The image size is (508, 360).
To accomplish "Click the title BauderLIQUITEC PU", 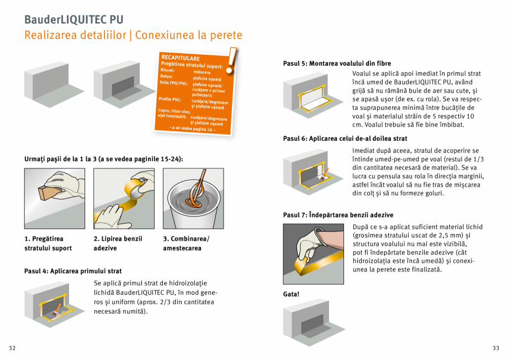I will pos(73,19).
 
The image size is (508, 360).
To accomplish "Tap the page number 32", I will pos(12,348).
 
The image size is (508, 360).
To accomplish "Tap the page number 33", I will pos(495,348).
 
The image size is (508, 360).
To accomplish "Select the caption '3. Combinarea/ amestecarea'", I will pos(186,243).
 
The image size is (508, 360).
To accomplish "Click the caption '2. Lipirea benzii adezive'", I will pos(118,243).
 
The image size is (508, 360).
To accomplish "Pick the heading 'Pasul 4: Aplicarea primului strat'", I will pos(73,271).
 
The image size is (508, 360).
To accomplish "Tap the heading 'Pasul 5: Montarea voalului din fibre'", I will pos(337,63).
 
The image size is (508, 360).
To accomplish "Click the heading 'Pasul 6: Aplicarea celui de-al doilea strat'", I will pos(345,139).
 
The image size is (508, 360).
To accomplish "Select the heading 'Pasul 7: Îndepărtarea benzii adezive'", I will pos(338,215).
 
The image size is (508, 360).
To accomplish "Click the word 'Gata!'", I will pos(291,294).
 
